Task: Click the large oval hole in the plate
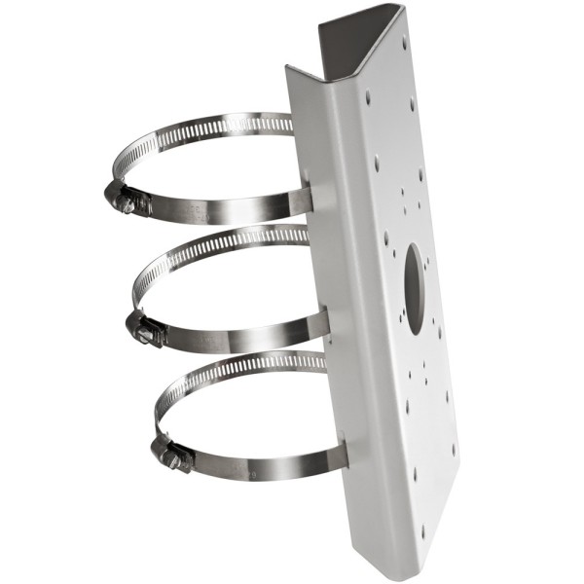pos(413,275)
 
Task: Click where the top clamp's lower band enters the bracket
pos(310,201)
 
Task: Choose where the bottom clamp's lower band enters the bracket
pos(343,456)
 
